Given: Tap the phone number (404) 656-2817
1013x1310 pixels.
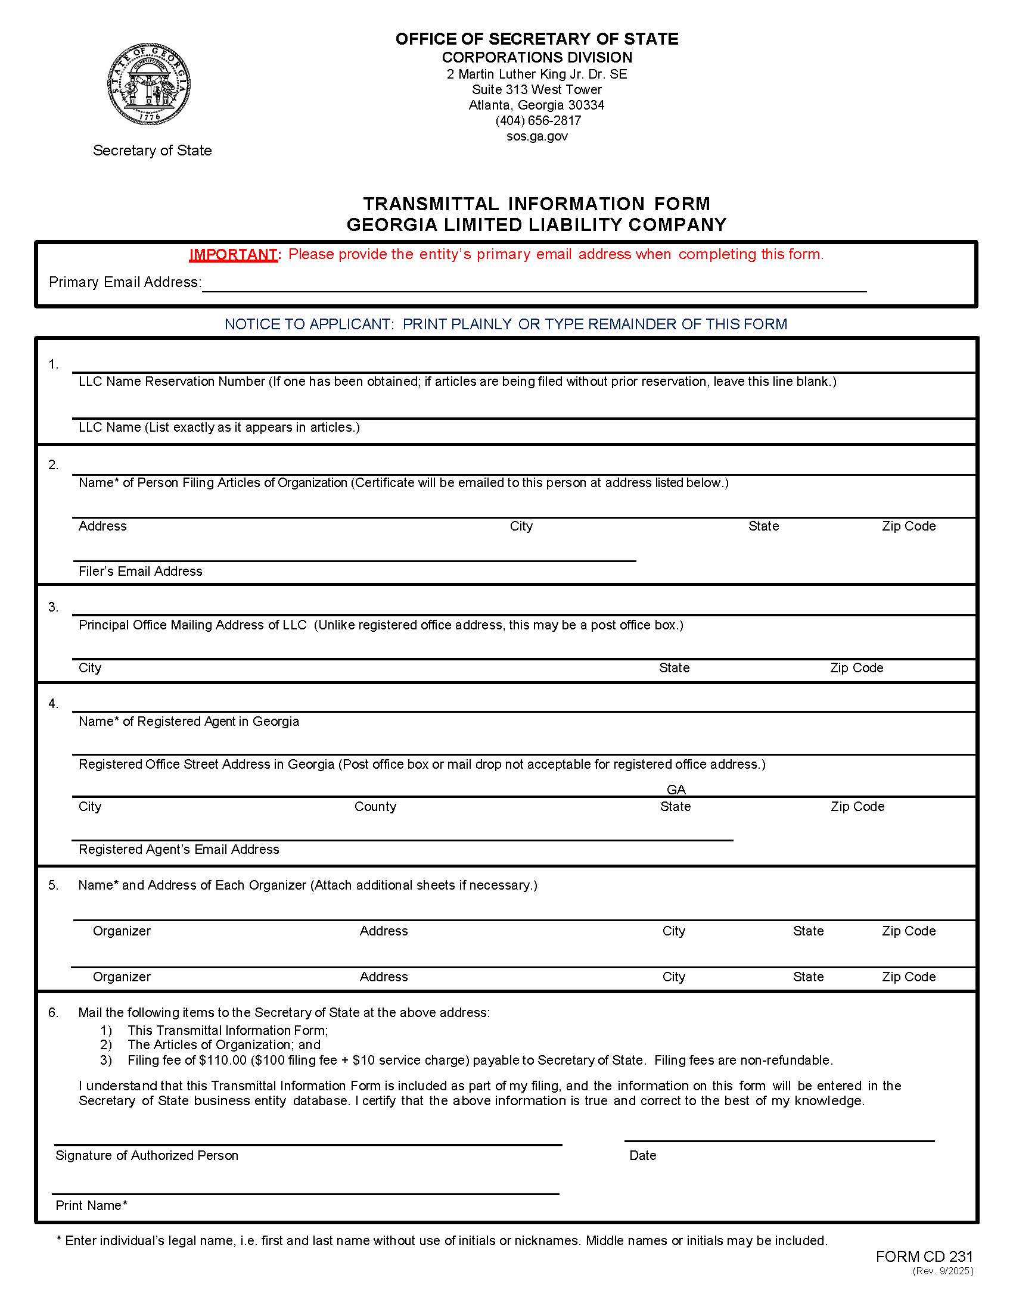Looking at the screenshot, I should click(537, 120).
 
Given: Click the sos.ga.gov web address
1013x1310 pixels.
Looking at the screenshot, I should click(537, 136).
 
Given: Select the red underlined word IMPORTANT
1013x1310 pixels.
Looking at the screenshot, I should click(233, 254).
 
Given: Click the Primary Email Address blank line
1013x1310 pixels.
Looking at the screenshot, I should click(534, 284).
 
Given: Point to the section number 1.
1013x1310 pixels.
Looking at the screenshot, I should click(54, 364).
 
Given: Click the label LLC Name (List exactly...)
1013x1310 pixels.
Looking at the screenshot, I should click(219, 427).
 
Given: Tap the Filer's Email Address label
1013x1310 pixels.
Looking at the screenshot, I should click(141, 571).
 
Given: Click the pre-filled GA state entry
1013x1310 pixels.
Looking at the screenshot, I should click(676, 790).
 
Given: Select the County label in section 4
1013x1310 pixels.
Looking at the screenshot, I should click(375, 806).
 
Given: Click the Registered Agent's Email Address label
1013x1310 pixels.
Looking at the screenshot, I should click(179, 849).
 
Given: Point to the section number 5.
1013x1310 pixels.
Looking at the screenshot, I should click(54, 885).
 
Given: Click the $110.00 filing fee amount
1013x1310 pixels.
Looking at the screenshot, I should click(223, 1060).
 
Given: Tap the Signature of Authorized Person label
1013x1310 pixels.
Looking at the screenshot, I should click(147, 1155).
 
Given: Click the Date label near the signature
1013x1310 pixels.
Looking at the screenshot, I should click(643, 1155).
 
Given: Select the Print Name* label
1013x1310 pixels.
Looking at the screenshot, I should click(91, 1205).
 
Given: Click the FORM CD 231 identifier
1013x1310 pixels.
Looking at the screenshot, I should click(924, 1256).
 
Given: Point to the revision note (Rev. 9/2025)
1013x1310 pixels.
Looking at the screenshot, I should click(943, 1271).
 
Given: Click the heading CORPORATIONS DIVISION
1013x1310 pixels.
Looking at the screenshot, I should click(537, 58).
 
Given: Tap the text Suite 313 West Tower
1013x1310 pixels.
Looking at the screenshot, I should click(537, 89).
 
